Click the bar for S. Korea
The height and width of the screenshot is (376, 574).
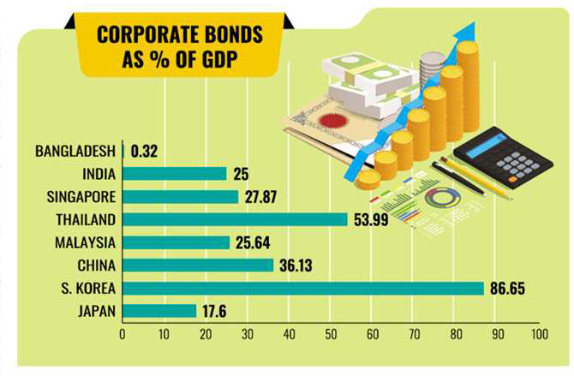pos(304,288)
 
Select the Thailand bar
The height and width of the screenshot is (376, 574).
pos(236,219)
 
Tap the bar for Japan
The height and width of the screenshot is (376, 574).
pos(160,310)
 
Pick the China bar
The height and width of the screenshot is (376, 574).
pos(198,265)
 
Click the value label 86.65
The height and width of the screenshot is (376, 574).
pos(511,288)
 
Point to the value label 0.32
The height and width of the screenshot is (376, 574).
pos(144,151)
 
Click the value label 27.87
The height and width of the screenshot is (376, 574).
pos(264,197)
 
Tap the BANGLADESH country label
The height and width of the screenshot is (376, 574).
pos(75,151)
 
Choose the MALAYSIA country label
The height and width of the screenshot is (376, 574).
pos(86,242)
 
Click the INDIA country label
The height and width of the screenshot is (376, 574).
pos(97,174)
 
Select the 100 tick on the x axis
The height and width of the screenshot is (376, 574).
pos(538,334)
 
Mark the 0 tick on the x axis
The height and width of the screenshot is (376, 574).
pos(123,334)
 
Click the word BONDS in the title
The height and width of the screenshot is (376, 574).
pos(214,35)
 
